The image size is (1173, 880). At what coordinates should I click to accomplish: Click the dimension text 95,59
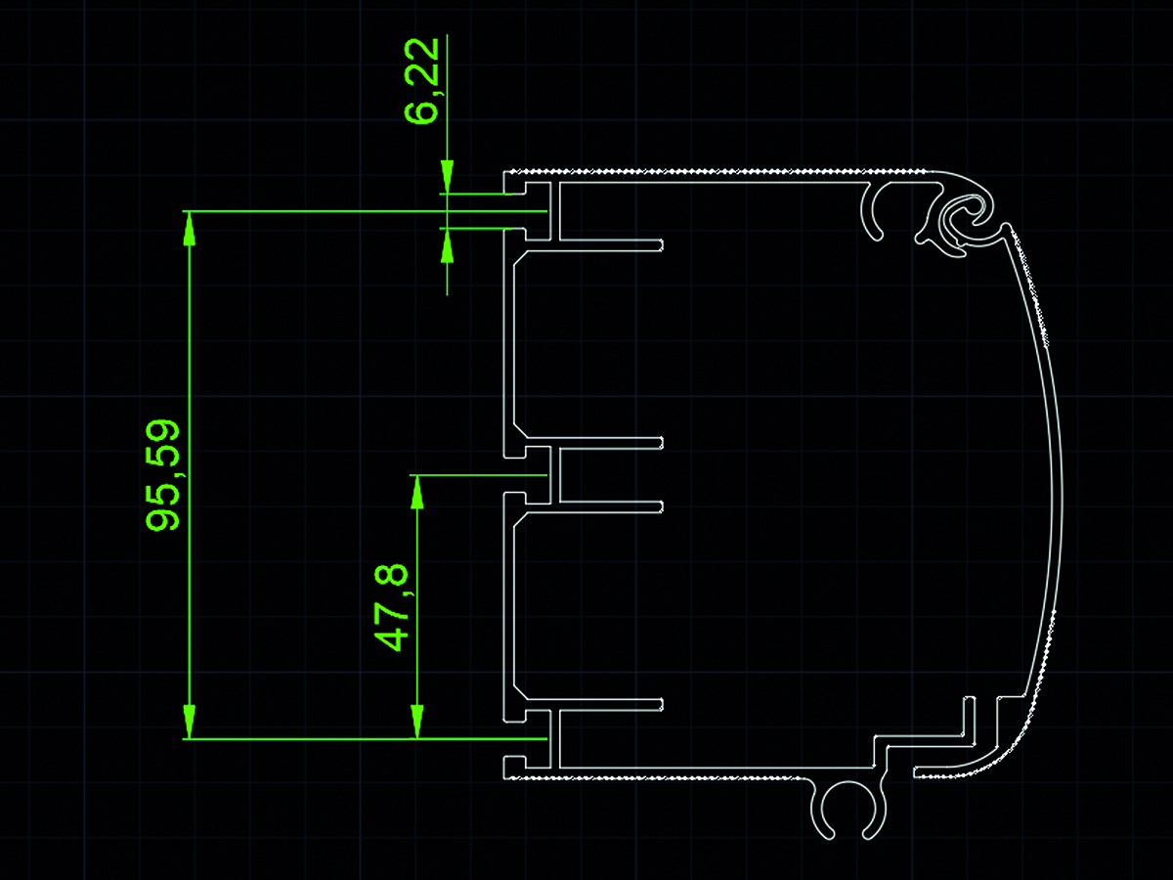click(163, 475)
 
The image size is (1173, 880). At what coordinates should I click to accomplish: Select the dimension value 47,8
click(392, 607)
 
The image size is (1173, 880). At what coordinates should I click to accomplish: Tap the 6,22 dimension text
click(422, 81)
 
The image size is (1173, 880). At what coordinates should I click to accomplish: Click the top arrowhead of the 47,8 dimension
click(416, 492)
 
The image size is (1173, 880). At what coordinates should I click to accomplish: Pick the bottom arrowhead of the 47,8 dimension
click(416, 722)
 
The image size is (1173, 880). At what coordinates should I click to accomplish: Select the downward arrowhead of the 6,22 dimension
click(448, 176)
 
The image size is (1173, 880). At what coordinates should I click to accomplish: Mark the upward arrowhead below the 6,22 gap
click(448, 245)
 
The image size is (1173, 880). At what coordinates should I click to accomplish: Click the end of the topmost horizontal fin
click(662, 245)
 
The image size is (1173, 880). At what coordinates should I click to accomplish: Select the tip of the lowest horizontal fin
click(662, 705)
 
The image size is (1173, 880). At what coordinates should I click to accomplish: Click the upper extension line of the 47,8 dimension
click(478, 474)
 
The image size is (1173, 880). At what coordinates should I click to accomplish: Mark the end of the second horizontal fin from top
click(662, 443)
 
